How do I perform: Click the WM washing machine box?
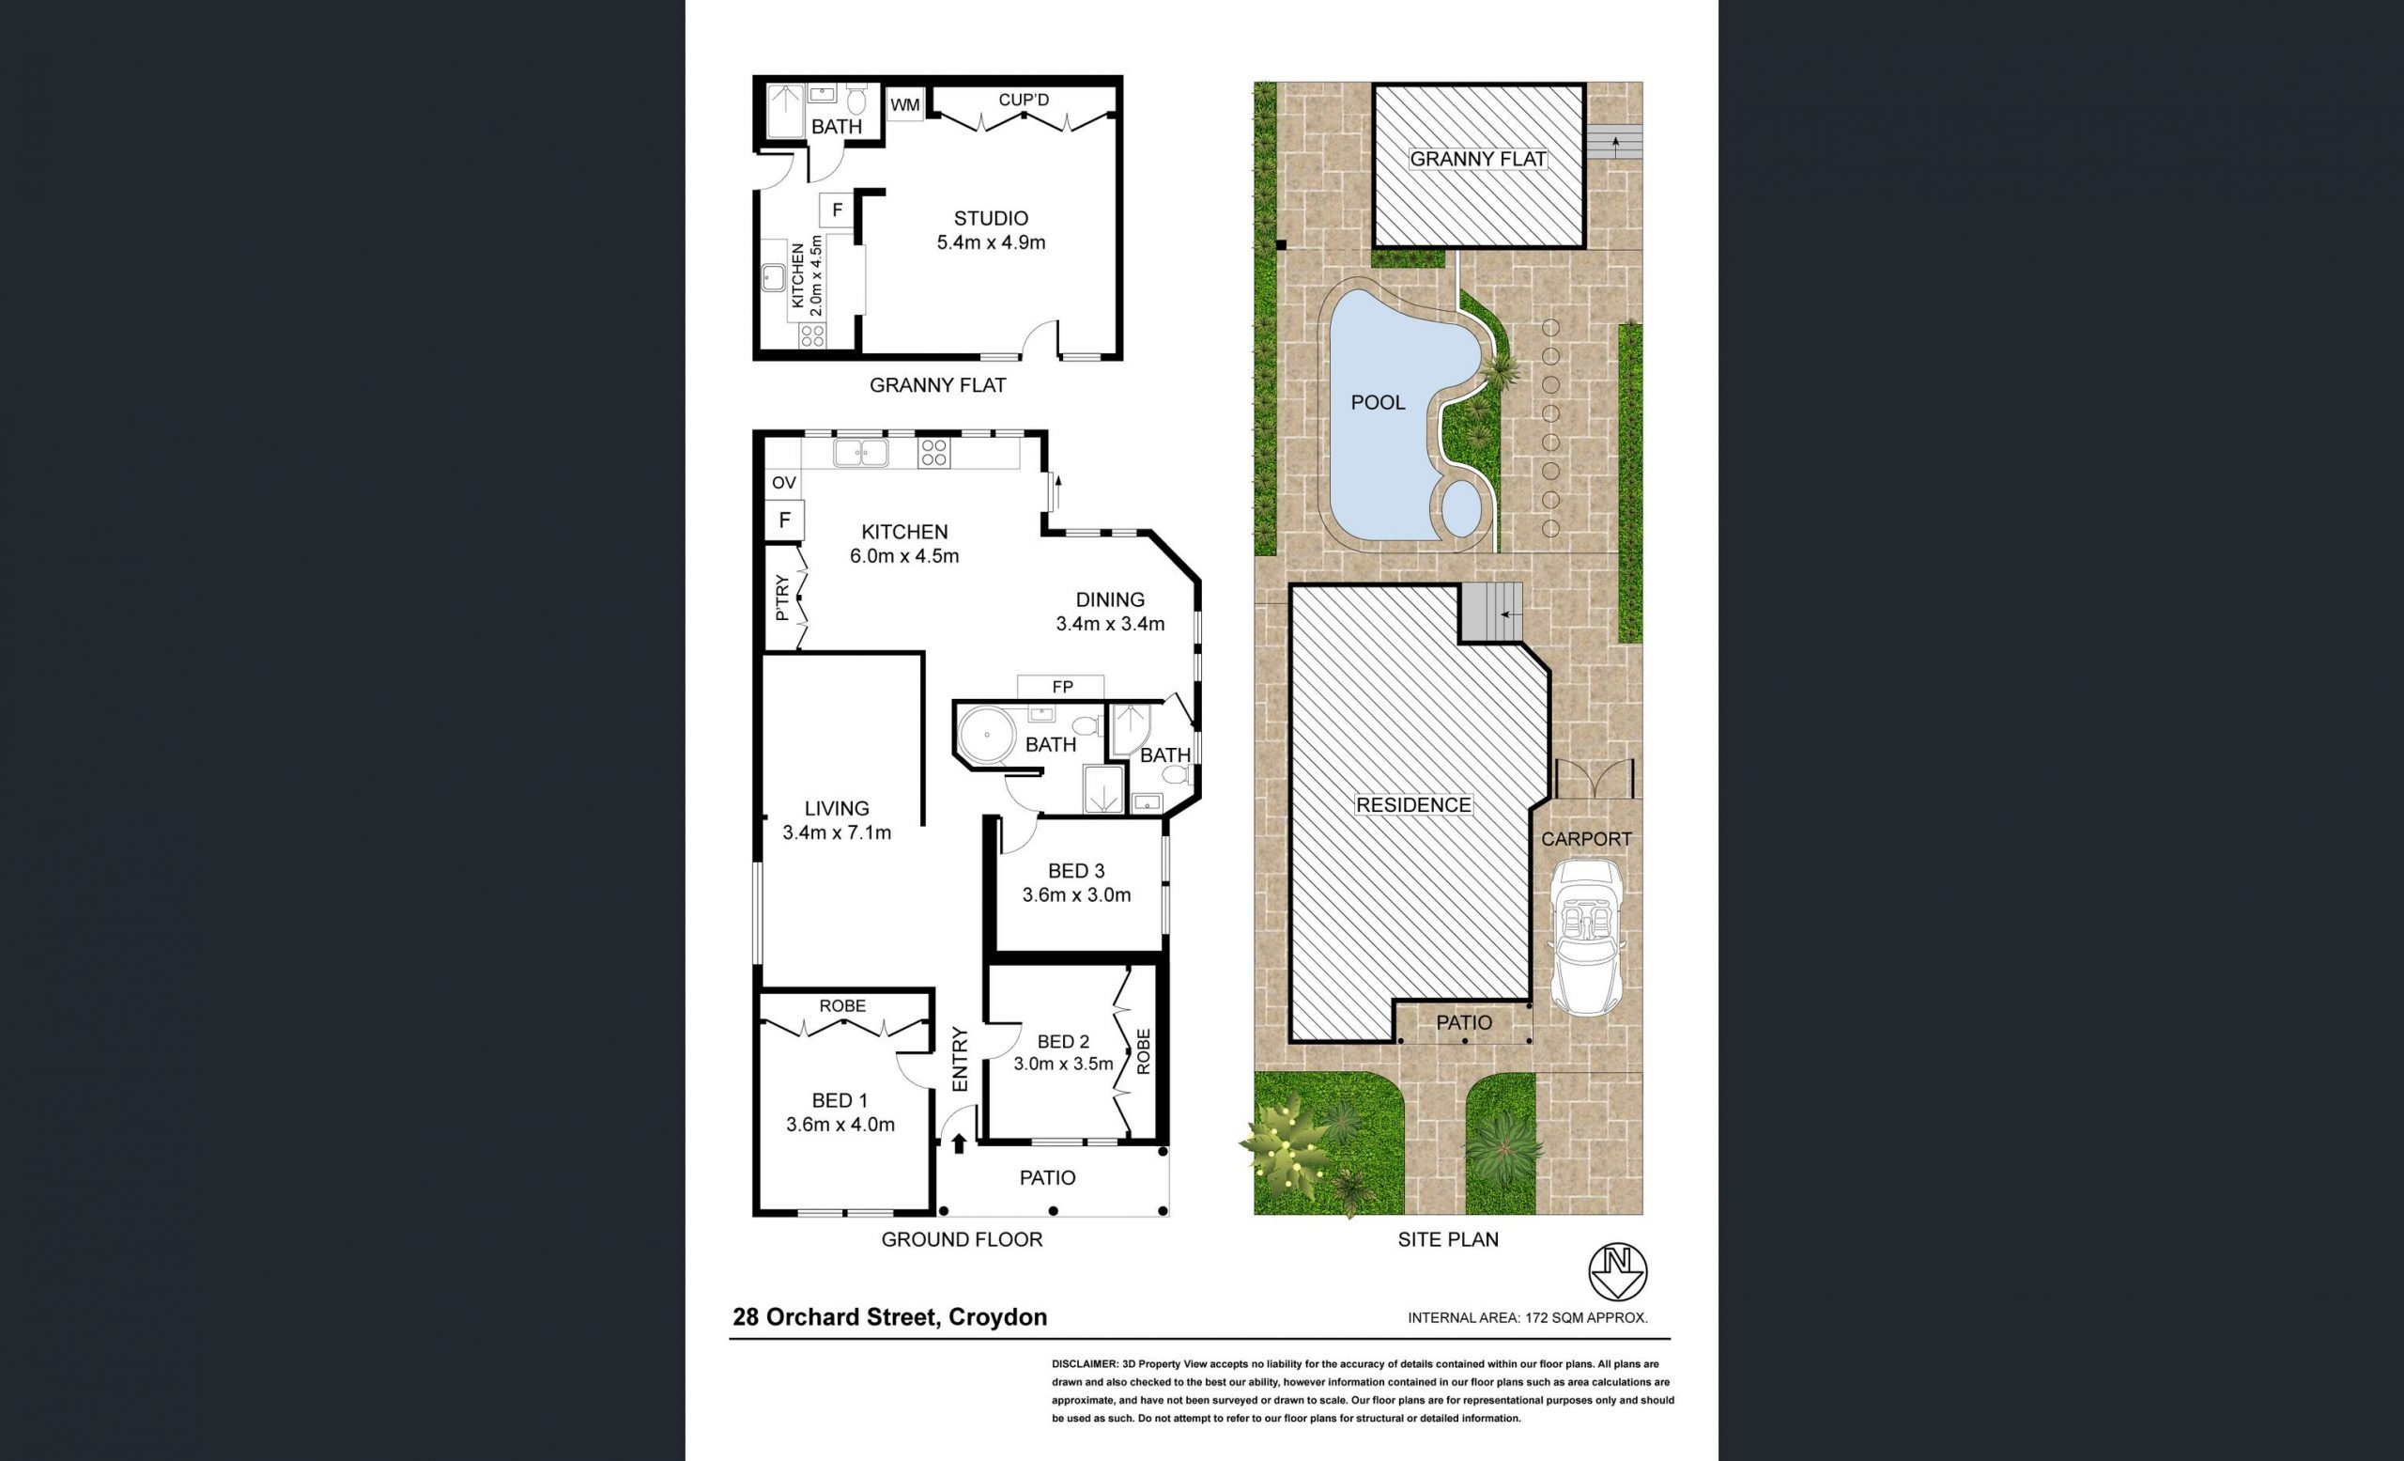905,105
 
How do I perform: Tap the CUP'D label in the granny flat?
1024,100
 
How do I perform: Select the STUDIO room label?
991,219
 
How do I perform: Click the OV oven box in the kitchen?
783,482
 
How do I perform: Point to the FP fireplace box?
1061,687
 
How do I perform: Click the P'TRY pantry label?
781,599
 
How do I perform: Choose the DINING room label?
1109,600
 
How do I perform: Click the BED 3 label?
1076,871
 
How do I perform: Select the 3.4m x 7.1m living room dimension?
836,832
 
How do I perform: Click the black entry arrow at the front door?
958,1142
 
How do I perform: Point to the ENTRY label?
960,1059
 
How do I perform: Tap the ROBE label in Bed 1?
842,1005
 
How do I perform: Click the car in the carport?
1587,936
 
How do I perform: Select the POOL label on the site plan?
1378,402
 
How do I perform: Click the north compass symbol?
1618,1271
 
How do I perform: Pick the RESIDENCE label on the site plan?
1412,805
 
